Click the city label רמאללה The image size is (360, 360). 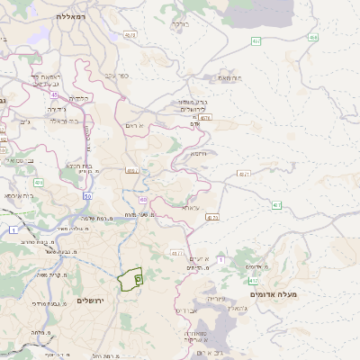(71, 16)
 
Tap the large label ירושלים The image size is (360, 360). (92, 300)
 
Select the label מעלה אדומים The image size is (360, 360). (301, 294)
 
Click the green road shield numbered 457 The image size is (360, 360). (276, 205)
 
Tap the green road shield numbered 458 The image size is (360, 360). (312, 37)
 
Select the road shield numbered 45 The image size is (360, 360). (55, 94)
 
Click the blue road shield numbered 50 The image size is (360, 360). (87, 194)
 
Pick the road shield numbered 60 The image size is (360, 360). (143, 199)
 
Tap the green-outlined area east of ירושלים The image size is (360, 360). (132, 280)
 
